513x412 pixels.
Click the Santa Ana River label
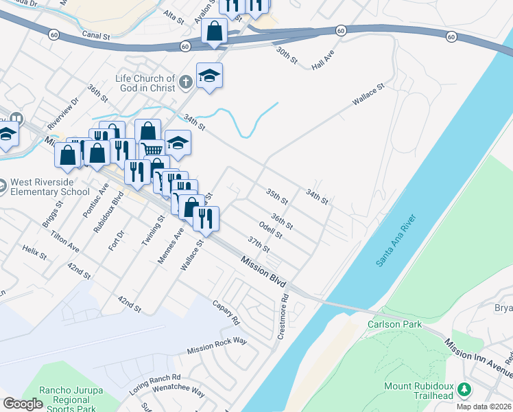point(396,241)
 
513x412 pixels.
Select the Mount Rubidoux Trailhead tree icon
point(464,390)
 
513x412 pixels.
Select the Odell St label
point(271,230)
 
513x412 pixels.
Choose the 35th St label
point(277,196)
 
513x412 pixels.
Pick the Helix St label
point(34,252)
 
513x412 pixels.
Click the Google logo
point(23,403)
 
